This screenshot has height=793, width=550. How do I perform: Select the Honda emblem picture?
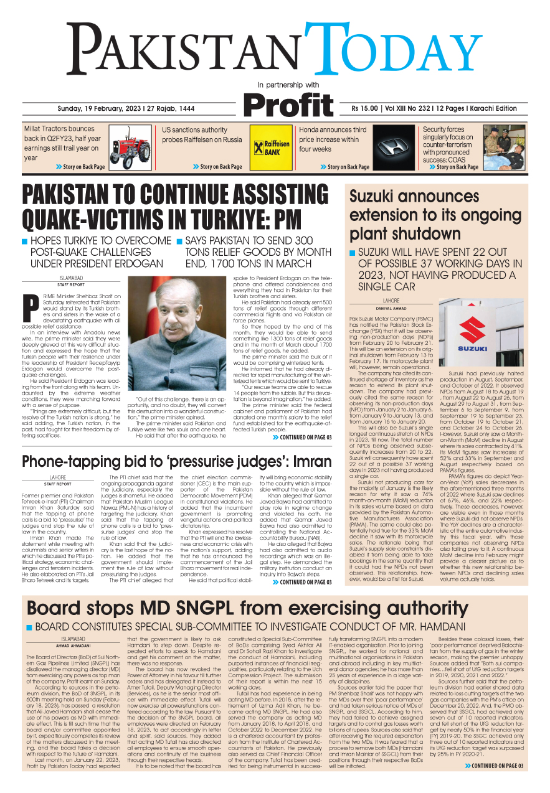coord(394,148)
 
